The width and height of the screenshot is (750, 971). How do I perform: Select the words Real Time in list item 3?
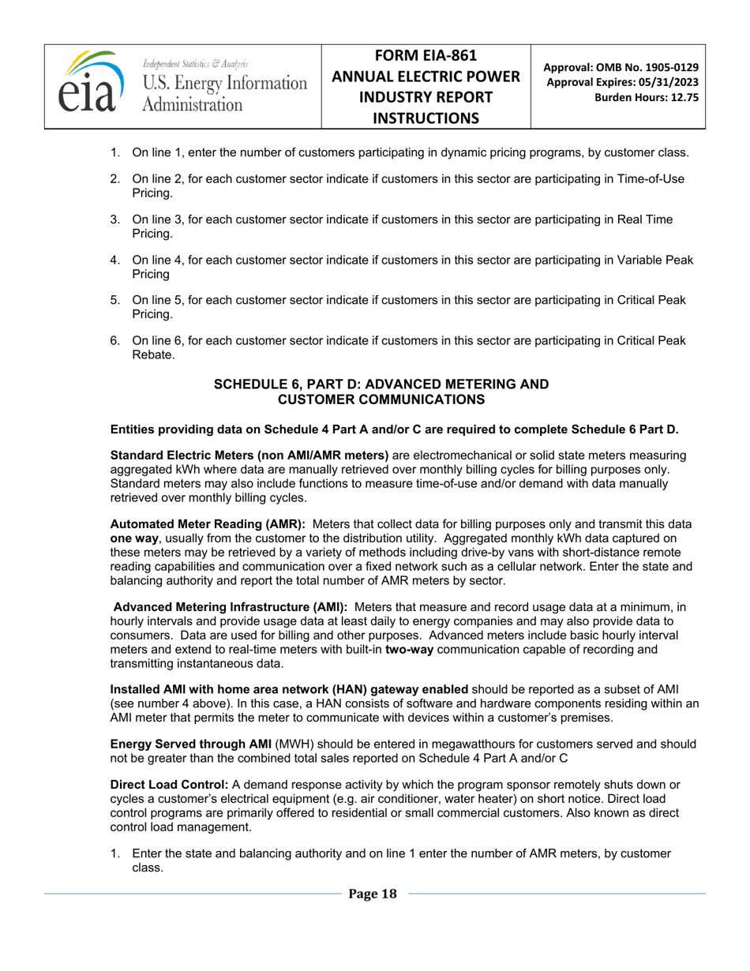[647, 219]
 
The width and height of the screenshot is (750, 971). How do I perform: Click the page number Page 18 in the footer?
[373, 894]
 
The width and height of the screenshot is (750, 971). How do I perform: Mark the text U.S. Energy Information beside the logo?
[224, 83]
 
